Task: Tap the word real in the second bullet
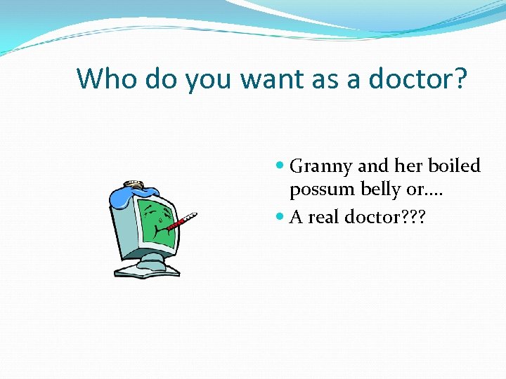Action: (x=324, y=217)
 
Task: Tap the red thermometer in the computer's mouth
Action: (x=181, y=222)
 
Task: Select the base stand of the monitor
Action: (x=148, y=267)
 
